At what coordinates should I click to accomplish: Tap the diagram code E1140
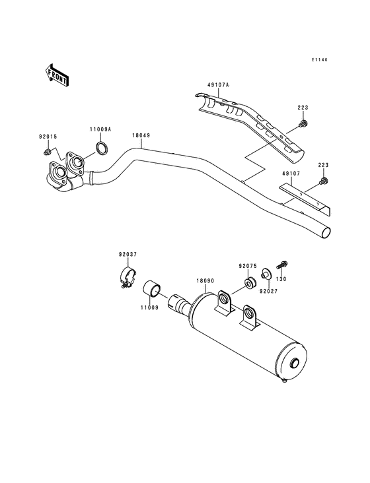click(320, 60)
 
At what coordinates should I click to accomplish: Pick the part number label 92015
click(48, 139)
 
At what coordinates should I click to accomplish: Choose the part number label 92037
click(128, 254)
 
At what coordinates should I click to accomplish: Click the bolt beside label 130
click(280, 265)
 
